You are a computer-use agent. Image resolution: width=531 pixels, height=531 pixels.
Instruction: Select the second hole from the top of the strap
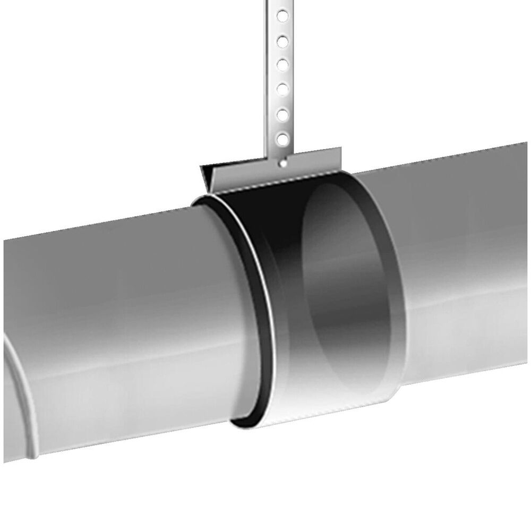(284, 40)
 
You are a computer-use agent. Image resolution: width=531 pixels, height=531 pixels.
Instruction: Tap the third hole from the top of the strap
(284, 64)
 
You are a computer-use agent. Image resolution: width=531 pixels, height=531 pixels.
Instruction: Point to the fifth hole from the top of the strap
(284, 113)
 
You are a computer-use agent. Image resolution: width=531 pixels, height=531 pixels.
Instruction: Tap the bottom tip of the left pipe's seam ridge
(33, 457)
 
